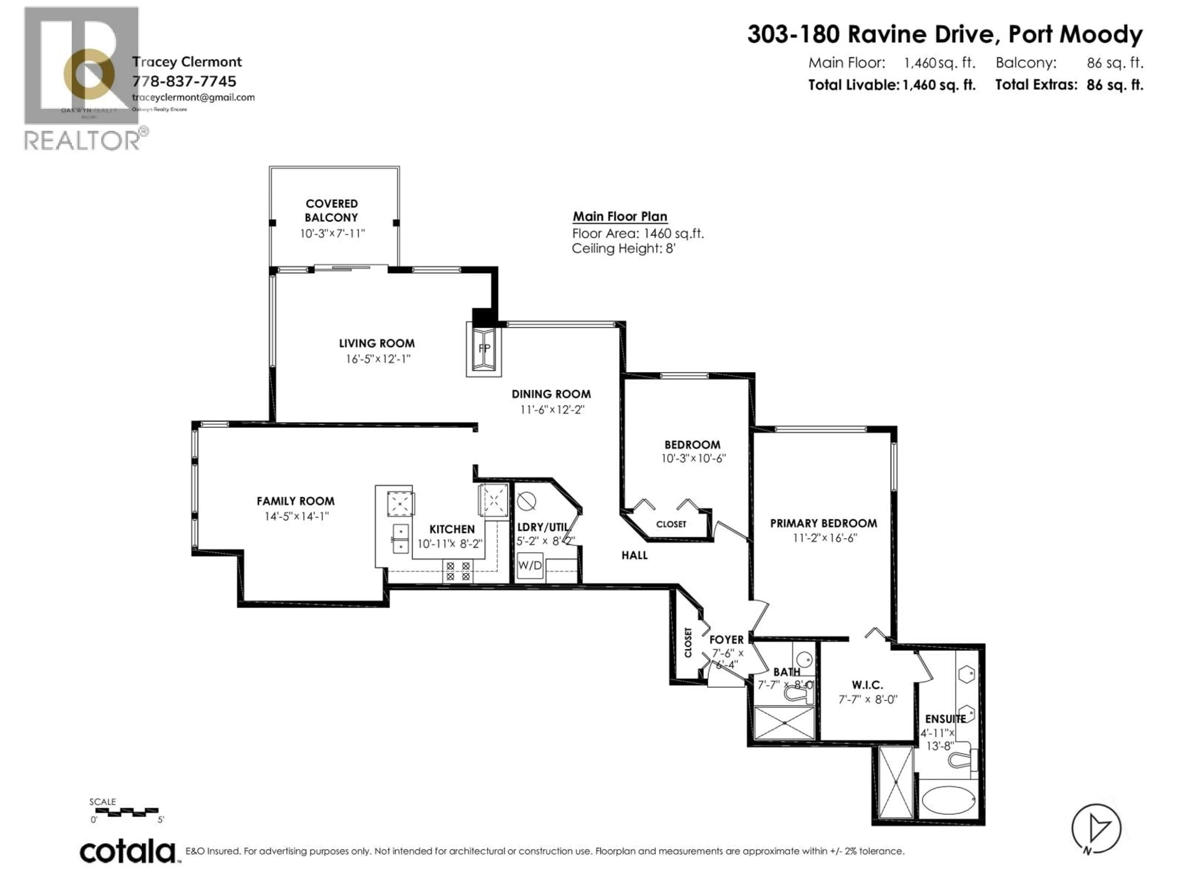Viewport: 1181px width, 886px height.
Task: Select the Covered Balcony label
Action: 332,210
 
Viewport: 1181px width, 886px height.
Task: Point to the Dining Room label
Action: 551,394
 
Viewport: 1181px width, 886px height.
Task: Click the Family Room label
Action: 295,501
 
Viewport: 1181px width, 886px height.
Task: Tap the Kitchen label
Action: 452,529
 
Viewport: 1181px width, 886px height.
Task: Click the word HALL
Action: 634,555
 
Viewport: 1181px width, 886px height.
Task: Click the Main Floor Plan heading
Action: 619,216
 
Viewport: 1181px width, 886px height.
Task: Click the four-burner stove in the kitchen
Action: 458,571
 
